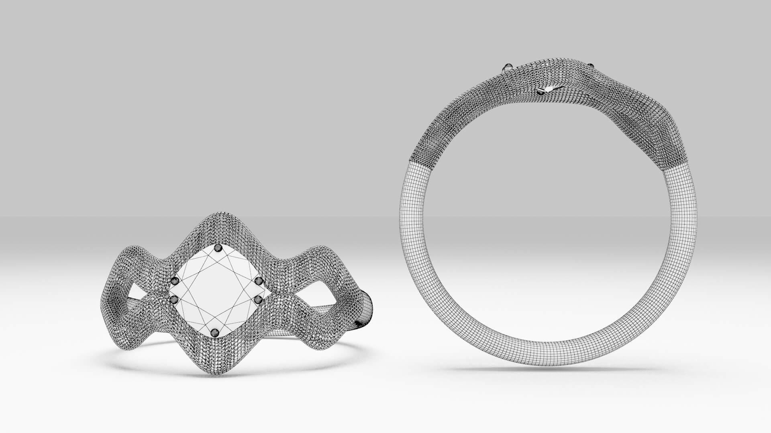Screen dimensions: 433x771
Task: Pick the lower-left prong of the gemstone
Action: click(174, 299)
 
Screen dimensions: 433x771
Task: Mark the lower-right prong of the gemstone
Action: click(259, 299)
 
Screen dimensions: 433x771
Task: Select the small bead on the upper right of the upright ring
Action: click(591, 66)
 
